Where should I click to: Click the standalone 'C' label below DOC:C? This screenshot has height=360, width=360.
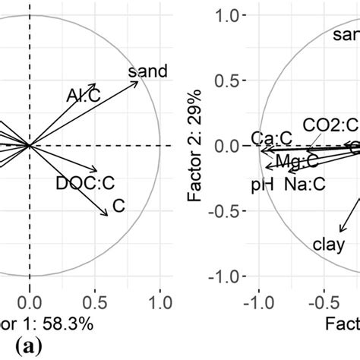[x=118, y=205]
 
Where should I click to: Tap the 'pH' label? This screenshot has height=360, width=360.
[x=261, y=184]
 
